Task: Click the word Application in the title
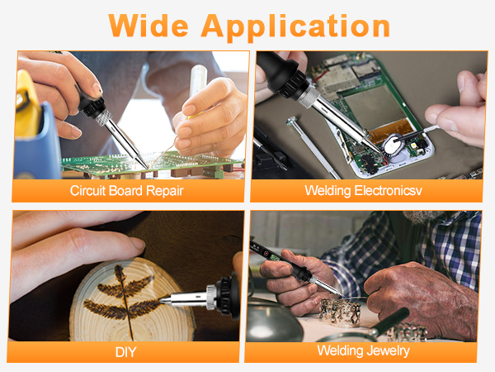297,26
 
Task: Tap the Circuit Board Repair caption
126,190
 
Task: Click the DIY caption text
126,352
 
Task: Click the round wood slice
124,306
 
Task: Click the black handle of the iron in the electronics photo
280,74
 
